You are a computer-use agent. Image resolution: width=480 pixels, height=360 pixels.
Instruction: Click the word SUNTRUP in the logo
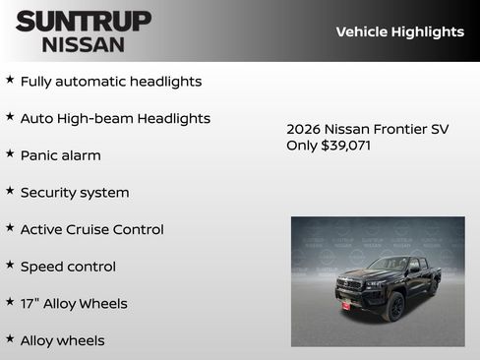point(84,21)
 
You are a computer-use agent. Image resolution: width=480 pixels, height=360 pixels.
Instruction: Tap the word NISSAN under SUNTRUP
point(84,44)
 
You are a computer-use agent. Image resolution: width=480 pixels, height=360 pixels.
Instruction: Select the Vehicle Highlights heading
point(399,31)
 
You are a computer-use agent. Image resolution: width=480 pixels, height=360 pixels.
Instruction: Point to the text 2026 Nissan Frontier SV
point(367,129)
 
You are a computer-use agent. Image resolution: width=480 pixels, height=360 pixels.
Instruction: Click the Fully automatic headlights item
point(111,82)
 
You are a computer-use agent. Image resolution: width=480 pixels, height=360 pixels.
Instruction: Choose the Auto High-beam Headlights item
point(115,118)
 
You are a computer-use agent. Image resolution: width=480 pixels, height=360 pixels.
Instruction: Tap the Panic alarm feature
point(61,155)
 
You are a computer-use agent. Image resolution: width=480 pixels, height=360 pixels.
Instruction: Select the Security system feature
point(75,193)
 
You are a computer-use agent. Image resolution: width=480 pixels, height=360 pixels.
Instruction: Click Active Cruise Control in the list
point(92,229)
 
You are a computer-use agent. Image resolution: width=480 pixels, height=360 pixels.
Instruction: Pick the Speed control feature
point(68,267)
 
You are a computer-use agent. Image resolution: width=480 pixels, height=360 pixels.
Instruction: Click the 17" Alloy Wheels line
point(74,304)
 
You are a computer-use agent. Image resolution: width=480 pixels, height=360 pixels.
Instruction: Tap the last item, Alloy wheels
point(63,340)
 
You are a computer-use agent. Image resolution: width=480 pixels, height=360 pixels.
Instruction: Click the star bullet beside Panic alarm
point(10,153)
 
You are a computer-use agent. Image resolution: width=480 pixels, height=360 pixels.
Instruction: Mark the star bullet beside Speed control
point(10,265)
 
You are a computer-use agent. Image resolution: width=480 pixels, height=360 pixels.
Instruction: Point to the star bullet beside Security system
point(10,191)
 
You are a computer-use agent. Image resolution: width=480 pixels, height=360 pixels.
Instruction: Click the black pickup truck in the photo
point(386,287)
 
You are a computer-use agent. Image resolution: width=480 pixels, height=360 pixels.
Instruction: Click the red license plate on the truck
point(345,306)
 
